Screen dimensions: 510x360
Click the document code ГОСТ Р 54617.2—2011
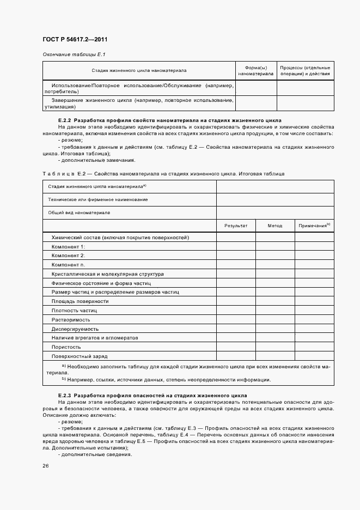78,39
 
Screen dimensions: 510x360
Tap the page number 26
45,466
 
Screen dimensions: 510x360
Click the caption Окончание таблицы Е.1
74,54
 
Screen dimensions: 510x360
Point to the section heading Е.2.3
152,395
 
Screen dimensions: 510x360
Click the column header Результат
236,225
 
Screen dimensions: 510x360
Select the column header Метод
275,225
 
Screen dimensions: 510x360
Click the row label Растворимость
71,320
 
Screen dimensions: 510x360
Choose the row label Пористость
66,347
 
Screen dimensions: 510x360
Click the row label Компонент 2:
68,256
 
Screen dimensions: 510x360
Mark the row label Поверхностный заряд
80,356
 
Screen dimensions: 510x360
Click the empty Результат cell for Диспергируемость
236,329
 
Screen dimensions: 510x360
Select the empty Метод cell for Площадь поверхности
275,301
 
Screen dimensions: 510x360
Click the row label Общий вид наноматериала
79,212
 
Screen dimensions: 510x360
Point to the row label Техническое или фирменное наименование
97,199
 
